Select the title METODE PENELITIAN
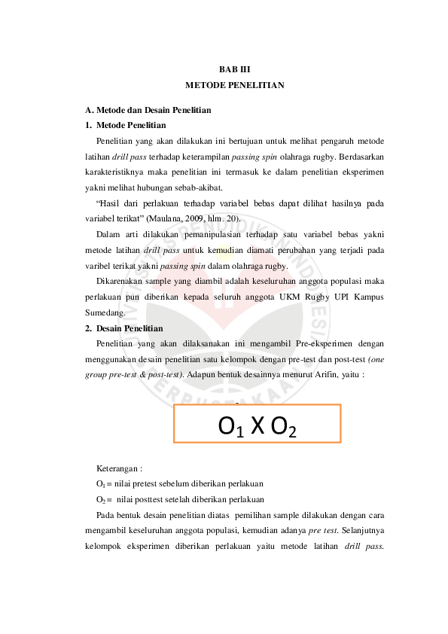click(x=234, y=85)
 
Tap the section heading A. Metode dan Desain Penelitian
click(x=148, y=110)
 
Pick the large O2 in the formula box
click(x=282, y=428)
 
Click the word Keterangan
click(x=119, y=468)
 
